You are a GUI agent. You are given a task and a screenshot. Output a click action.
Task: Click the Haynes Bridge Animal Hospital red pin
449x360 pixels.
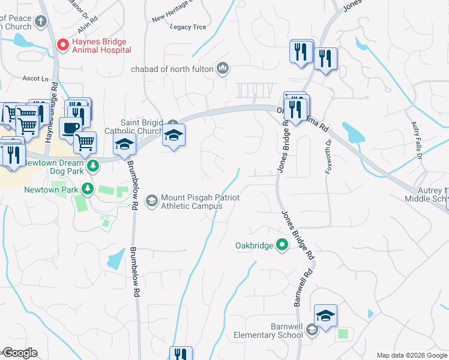62,44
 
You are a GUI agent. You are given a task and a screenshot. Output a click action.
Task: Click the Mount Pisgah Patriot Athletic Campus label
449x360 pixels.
191,202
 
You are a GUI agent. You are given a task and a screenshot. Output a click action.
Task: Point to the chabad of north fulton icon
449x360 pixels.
223,68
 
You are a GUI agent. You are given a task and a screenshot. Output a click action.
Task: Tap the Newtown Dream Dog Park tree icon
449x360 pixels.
92,165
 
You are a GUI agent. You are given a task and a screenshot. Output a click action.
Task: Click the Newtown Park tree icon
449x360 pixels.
88,189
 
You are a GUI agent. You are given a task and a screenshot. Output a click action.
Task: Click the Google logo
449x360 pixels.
19,353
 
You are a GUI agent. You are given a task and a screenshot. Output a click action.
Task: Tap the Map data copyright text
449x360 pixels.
412,355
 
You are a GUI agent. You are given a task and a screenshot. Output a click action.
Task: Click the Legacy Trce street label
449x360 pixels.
188,27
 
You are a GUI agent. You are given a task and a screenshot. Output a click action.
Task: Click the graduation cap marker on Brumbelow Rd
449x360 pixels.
125,144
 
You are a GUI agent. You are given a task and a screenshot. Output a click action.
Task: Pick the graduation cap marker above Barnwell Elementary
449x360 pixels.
325,316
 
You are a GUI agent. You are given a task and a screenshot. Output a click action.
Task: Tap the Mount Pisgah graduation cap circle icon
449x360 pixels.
152,200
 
